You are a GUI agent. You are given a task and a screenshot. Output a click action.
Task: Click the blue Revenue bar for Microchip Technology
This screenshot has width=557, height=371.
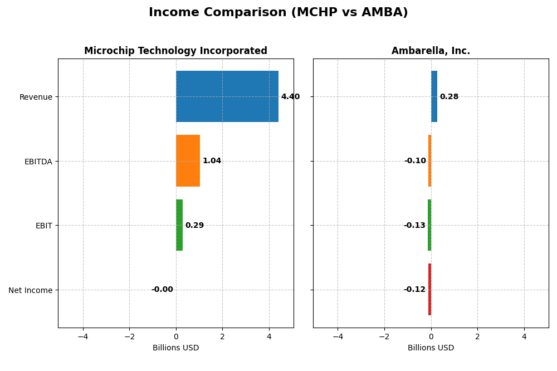coord(227,96)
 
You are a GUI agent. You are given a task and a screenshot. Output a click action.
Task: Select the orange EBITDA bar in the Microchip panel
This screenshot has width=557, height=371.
coord(188,160)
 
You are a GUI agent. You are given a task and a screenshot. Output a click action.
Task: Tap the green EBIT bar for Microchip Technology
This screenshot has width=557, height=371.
coord(179,225)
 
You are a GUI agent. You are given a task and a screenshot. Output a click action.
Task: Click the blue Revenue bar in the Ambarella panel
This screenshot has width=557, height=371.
coord(434,96)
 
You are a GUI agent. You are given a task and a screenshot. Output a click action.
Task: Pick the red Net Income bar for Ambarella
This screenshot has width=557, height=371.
coord(429,289)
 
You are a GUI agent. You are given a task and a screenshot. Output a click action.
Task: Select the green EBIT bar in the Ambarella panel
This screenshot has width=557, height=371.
coord(429,225)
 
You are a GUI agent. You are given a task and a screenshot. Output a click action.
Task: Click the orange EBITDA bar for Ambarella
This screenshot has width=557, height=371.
coord(429,160)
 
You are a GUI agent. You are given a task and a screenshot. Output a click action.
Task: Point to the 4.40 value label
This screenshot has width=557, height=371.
coord(290,97)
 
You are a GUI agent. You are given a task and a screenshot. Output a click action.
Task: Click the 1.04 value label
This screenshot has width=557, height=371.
coord(212,161)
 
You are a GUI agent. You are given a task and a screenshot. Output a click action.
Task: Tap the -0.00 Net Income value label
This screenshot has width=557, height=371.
coord(162,290)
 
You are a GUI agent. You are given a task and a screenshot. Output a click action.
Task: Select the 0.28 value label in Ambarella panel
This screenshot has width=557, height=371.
coord(449,97)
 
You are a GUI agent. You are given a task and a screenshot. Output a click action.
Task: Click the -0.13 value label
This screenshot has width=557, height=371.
coord(414,226)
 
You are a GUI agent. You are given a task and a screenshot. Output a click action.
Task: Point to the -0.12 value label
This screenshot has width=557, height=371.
coord(414,290)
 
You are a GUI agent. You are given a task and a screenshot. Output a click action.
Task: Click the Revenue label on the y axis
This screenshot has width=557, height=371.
coord(36,97)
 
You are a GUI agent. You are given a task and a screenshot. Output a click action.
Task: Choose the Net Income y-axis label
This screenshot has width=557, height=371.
coord(31,290)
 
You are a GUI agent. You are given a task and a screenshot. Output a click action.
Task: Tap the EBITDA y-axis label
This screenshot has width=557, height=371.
coord(38,162)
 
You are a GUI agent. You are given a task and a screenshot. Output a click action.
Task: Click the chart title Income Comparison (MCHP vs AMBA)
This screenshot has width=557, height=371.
coord(278,12)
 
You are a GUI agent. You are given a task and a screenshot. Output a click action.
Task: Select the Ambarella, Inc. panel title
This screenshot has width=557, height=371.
coord(431,51)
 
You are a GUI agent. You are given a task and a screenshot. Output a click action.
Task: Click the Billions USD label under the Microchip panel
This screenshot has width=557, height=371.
coord(175,348)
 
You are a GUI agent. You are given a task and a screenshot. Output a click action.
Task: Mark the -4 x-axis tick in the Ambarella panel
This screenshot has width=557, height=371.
coord(338,337)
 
